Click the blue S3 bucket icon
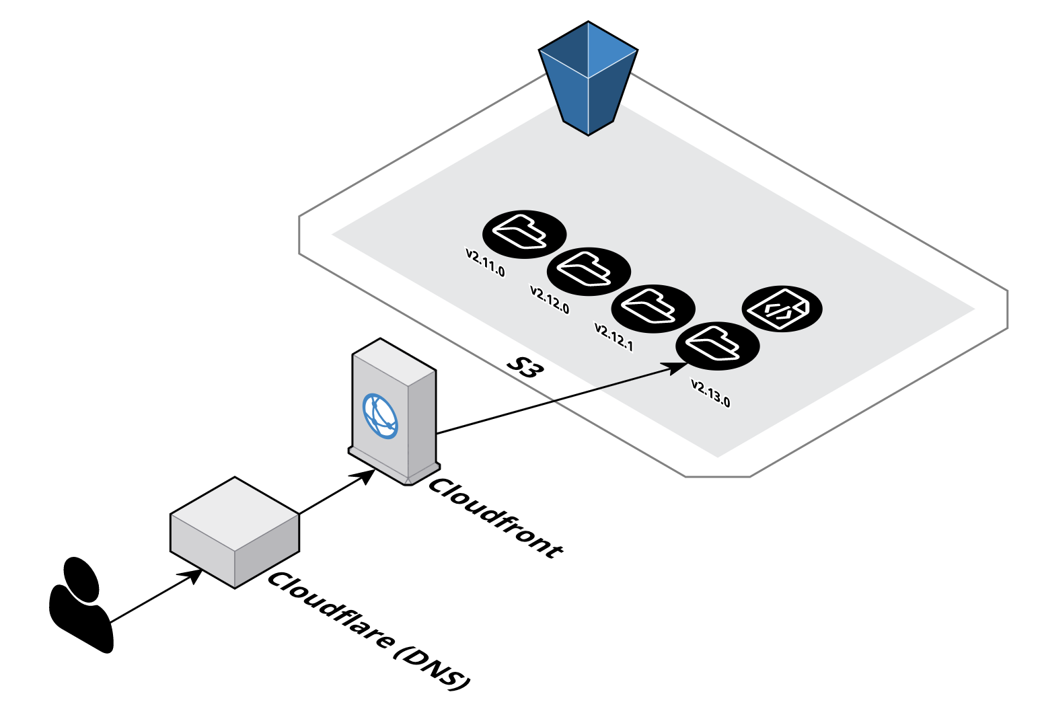[588, 77]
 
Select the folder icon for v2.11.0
[524, 233]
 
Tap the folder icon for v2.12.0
[589, 271]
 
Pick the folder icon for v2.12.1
[653, 308]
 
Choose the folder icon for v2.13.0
[717, 346]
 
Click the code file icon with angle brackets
[782, 309]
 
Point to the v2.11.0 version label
[485, 263]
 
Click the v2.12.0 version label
[550, 300]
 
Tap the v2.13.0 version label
[710, 393]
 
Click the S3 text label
[524, 367]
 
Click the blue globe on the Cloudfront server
[380, 415]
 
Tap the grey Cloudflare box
[234, 532]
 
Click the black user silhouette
[81, 605]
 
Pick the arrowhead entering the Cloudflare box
[192, 576]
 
